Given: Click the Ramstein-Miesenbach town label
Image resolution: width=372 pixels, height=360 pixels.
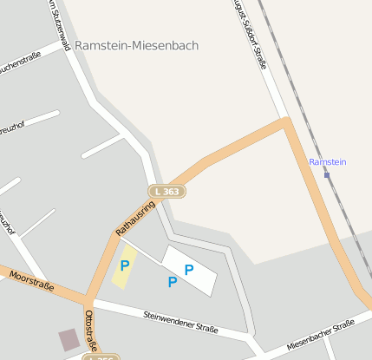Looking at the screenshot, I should (136, 45).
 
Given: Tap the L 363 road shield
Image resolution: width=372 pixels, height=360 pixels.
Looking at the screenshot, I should (166, 191).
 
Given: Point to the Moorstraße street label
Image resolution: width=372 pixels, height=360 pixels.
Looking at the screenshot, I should (31, 281).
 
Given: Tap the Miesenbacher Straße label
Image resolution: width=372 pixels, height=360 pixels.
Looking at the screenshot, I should (321, 332).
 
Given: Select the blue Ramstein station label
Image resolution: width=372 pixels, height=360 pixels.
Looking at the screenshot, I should (328, 162).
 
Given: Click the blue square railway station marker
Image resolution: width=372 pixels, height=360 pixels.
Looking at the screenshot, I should (327, 175).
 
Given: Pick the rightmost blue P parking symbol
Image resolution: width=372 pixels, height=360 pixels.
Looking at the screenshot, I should (188, 270).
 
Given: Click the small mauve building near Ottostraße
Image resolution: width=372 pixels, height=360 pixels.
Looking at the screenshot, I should (68, 339).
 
